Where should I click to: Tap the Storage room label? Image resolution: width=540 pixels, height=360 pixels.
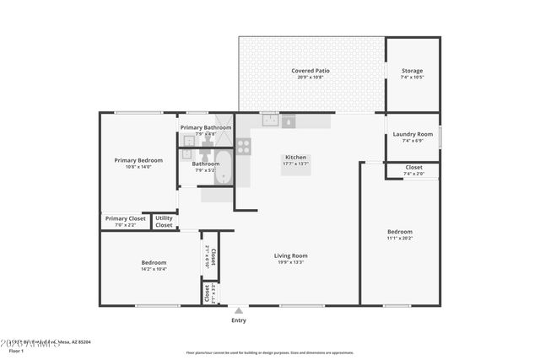coord(412,71)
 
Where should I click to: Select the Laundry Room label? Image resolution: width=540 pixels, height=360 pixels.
coord(412,134)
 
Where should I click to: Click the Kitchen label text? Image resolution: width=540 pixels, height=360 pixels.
coord(295,157)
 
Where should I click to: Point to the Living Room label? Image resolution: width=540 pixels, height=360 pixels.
coord(290,255)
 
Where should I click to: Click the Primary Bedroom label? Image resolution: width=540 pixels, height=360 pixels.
coord(138,159)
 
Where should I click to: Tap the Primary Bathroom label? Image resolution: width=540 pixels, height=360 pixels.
coord(206,127)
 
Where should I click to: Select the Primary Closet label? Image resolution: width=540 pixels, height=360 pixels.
coord(125,218)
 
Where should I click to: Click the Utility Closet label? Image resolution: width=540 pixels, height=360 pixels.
coord(164,222)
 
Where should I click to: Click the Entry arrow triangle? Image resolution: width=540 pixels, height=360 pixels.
coord(239,310)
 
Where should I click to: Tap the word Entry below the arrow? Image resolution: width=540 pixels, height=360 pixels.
coord(239,320)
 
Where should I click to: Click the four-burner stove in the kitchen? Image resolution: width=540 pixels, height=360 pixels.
coord(243,147)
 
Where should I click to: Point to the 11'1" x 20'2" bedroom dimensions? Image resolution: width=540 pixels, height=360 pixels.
coord(400,238)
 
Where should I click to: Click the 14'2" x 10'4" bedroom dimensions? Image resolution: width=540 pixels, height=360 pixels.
coord(154,269)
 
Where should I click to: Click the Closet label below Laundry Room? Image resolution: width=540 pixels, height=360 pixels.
coord(413,167)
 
